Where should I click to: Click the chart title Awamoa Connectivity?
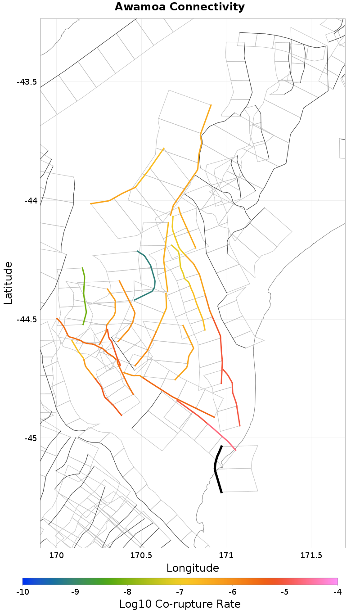[x=180, y=7]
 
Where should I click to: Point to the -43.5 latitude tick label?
[x=27, y=82]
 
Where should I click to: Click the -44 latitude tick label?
[x=30, y=200]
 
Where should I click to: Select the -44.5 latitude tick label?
[x=27, y=320]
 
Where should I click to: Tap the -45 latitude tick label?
[x=30, y=438]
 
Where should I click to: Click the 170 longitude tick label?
[x=56, y=556]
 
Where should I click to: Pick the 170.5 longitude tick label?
[x=141, y=556]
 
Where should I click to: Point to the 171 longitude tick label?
[x=226, y=556]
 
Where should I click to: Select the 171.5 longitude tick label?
[x=311, y=556]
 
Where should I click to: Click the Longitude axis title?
[x=193, y=568]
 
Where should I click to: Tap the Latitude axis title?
[x=9, y=283]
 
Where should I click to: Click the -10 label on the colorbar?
[x=22, y=591]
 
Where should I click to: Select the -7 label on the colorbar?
[x=180, y=591]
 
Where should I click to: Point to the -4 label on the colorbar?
[x=337, y=591]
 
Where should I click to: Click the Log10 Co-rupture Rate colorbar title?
[x=180, y=604]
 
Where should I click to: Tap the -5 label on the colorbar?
[x=285, y=591]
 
